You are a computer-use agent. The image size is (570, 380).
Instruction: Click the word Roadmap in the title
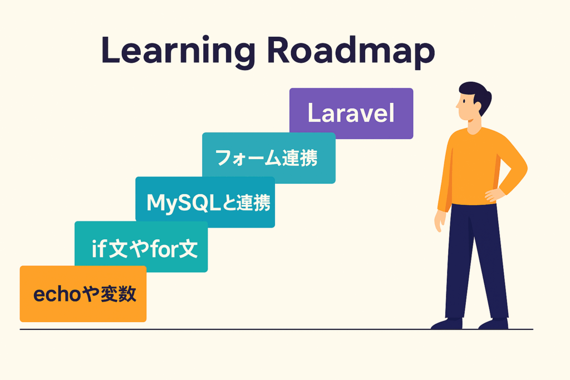click(x=351, y=52)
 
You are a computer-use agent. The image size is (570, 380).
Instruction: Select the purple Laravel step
click(x=351, y=113)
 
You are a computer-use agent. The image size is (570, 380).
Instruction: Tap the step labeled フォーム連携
click(x=269, y=157)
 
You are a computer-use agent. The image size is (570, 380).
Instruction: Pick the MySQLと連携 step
click(x=205, y=202)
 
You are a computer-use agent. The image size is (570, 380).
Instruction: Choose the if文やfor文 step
click(x=141, y=246)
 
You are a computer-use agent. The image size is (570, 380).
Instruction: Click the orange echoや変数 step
click(x=83, y=294)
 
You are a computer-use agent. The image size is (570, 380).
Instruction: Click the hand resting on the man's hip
click(x=494, y=195)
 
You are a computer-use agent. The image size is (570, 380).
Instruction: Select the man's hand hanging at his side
click(x=440, y=221)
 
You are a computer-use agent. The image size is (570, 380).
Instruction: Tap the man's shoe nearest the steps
click(x=447, y=323)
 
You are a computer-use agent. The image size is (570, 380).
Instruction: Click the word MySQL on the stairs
click(x=184, y=203)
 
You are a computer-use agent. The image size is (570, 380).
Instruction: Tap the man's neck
click(x=473, y=125)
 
